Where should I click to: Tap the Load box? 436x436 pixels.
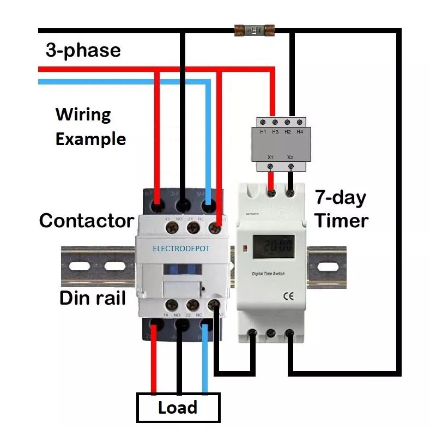[178, 408]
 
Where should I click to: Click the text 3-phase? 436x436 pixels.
[83, 51]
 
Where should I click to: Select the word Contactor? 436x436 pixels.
[87, 221]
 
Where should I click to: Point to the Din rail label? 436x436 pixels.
[93, 298]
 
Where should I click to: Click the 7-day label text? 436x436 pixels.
[340, 198]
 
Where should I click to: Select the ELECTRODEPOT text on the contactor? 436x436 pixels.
[181, 249]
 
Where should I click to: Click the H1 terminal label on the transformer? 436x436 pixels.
[263, 132]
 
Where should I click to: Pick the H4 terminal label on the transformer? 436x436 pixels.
[299, 132]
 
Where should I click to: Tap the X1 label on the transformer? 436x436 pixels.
[270, 157]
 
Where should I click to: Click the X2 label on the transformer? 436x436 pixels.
[290, 157]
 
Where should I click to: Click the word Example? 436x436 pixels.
[90, 139]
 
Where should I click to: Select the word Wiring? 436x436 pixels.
[83, 115]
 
